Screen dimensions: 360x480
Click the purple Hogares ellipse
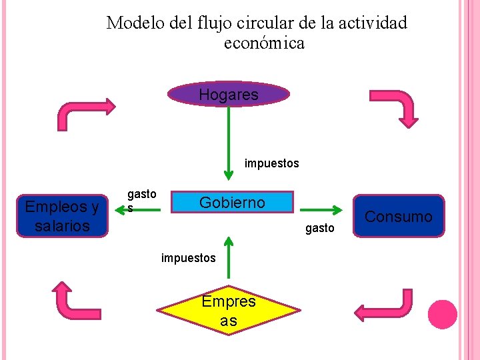[x=229, y=95]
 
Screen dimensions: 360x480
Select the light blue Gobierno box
[x=232, y=202]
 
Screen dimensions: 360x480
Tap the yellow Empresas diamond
[x=229, y=311]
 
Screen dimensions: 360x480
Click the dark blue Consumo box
[x=399, y=216]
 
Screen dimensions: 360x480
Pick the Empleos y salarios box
[x=62, y=216]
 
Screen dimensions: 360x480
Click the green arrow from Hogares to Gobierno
[x=229, y=143]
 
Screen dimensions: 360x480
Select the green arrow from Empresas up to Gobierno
[x=229, y=257]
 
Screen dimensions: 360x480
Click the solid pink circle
[x=442, y=315]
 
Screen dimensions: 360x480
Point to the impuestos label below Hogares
[x=271, y=163]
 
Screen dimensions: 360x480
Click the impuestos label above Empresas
[x=188, y=257]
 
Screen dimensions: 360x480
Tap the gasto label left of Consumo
[x=319, y=229]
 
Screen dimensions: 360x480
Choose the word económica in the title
[x=264, y=43]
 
